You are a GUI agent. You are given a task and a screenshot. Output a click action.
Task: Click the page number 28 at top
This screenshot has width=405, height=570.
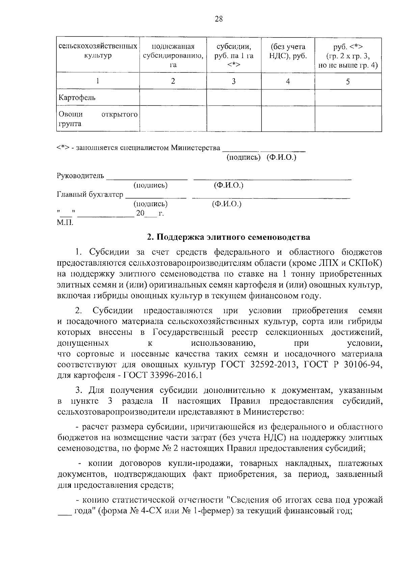click(219, 19)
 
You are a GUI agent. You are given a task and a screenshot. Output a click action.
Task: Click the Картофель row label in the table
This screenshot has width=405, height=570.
click(77, 98)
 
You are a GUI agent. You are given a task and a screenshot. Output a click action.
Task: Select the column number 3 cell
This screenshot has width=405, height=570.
click(234, 81)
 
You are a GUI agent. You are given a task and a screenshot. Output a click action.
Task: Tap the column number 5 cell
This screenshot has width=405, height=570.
click(348, 81)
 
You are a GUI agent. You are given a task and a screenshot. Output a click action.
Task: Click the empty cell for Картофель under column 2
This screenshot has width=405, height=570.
click(173, 98)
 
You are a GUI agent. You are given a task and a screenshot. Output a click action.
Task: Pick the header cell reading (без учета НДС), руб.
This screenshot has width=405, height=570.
click(288, 51)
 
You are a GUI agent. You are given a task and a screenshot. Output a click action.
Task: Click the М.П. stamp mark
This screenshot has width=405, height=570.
click(65, 223)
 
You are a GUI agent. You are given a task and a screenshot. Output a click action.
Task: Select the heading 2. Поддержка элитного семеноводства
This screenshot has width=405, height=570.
click(228, 237)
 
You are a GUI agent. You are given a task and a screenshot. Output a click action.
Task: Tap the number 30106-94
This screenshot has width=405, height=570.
click(361, 365)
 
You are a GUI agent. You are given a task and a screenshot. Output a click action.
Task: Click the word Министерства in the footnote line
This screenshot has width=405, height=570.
click(196, 148)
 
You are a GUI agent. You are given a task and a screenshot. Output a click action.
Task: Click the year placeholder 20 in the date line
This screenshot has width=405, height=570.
click(140, 213)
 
